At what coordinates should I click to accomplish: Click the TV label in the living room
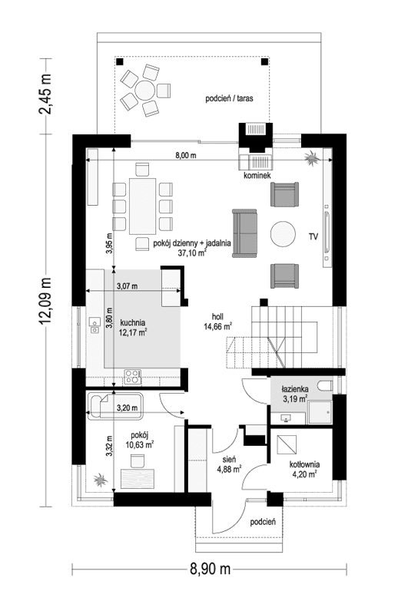(313, 236)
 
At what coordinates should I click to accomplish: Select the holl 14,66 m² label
(218, 320)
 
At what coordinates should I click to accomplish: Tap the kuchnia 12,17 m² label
(133, 327)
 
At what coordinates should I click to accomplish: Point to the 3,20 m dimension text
(128, 408)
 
